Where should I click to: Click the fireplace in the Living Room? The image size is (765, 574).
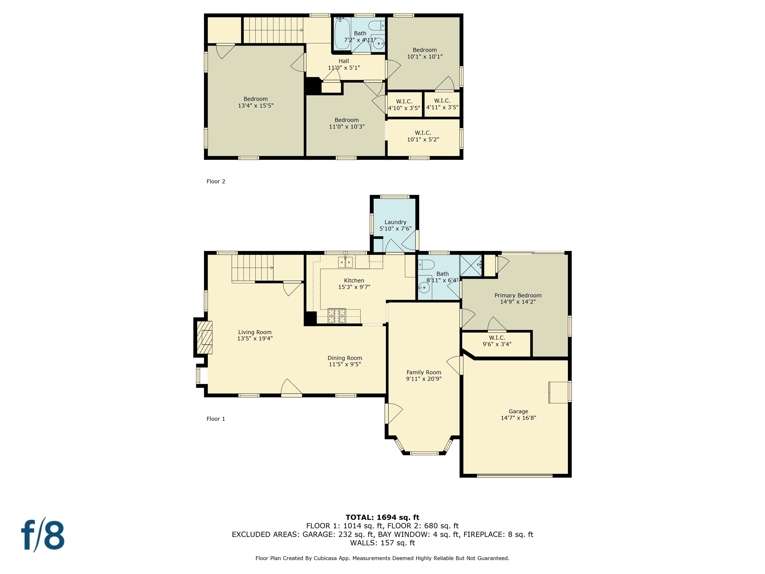204,337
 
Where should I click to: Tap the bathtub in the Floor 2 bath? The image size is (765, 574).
342,34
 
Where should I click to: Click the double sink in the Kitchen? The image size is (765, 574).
345,262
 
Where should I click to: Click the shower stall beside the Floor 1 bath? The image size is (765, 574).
470,265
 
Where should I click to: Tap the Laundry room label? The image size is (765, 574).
395,222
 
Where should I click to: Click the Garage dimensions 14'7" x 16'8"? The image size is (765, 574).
518,418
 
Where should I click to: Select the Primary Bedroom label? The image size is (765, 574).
518,295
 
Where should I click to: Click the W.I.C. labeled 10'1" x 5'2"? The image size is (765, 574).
423,136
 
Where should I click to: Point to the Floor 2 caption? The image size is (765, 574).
216,181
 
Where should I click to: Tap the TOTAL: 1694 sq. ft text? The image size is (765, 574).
382,517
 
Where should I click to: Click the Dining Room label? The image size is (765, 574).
345,358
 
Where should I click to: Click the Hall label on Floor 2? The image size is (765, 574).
344,61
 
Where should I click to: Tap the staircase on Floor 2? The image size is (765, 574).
273,30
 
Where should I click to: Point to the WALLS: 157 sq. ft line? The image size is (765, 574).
382,543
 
